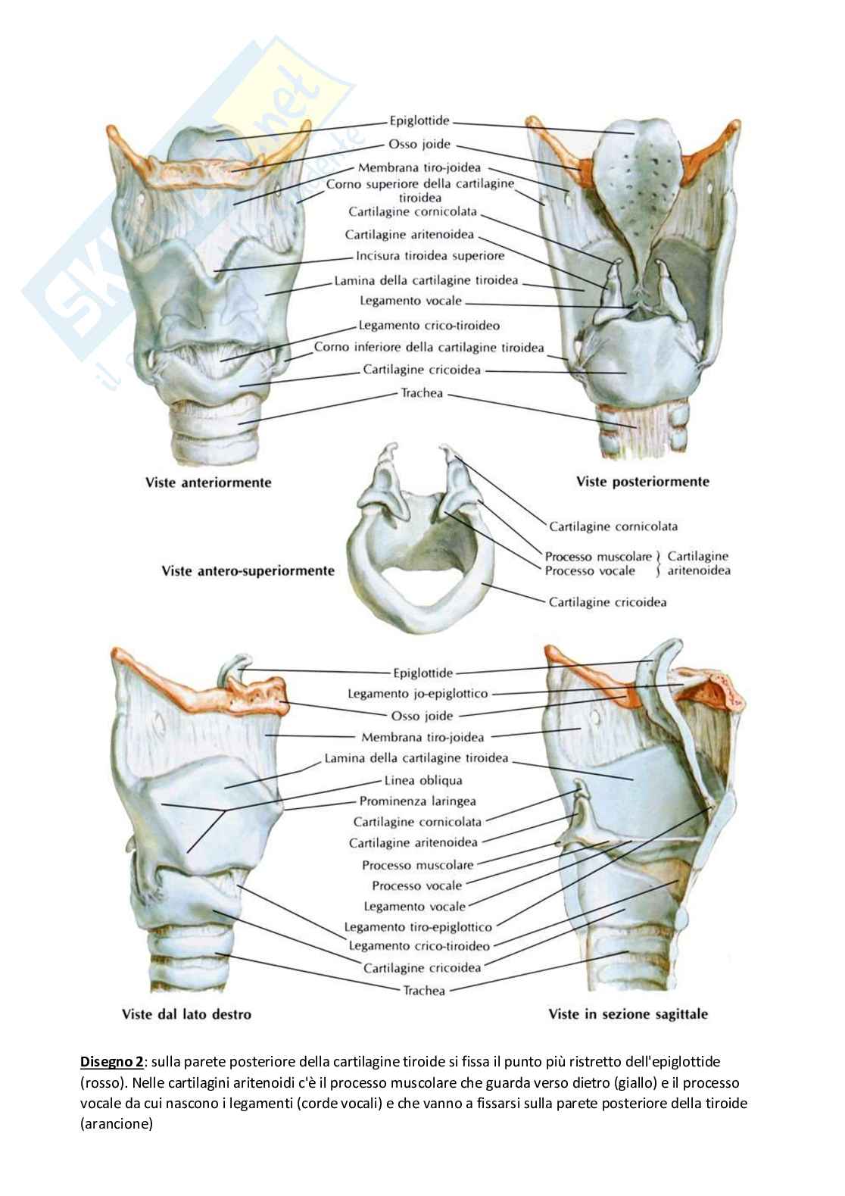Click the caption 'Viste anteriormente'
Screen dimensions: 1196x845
tap(207, 482)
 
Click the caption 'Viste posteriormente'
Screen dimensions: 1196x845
tap(642, 481)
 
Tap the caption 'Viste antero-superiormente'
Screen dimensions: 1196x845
tap(248, 570)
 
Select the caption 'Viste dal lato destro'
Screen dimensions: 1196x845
tap(186, 1013)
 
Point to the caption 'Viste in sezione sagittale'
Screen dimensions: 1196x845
tap(628, 1013)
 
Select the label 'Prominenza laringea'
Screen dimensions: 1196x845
tap(417, 801)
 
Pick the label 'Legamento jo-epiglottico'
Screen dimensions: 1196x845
tap(418, 693)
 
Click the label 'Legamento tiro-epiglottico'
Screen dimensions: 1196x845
tap(418, 926)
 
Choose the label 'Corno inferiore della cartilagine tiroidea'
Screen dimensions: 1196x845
tap(429, 348)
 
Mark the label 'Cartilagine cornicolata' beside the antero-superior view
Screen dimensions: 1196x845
tap(613, 526)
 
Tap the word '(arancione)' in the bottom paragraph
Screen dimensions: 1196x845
tap(116, 1124)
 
